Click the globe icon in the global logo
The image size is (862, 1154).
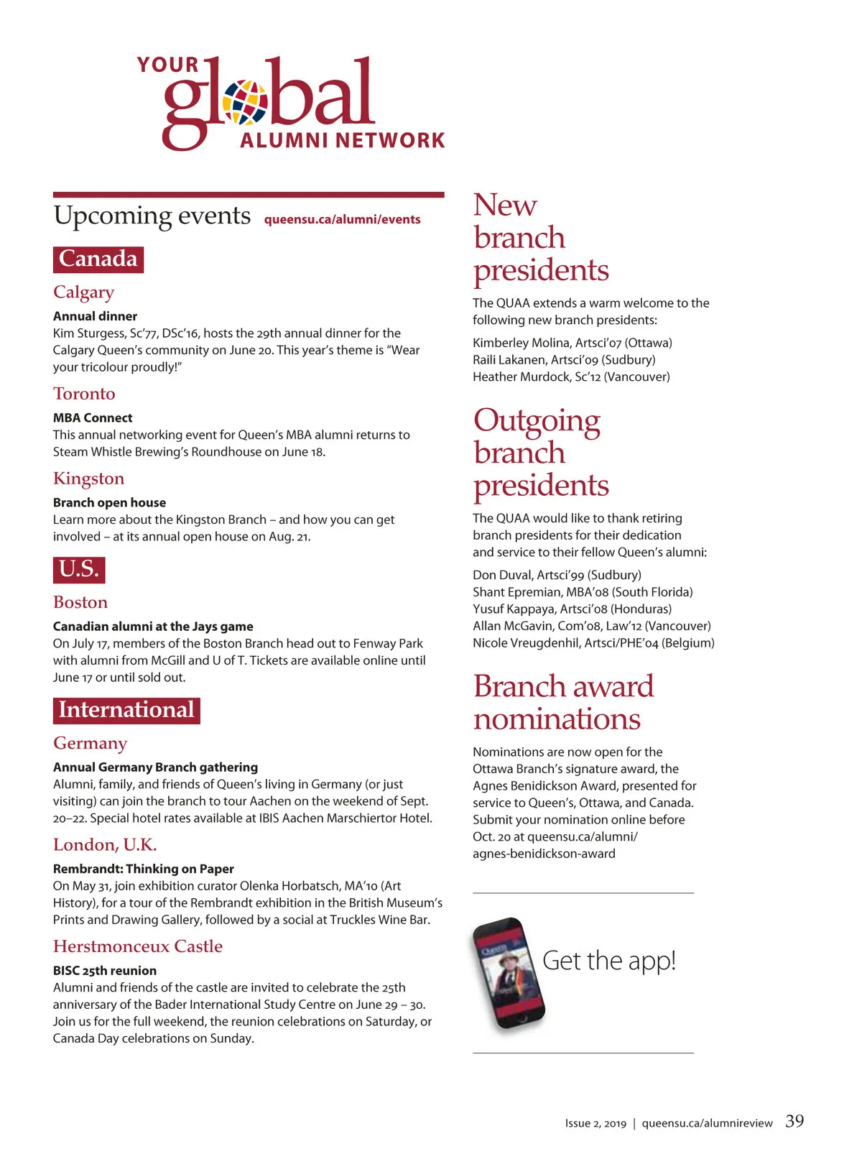pyautogui.click(x=245, y=102)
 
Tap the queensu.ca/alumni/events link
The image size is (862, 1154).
pyautogui.click(x=342, y=219)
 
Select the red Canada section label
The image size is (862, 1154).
pyautogui.click(x=98, y=259)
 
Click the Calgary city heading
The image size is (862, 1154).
pyautogui.click(x=83, y=292)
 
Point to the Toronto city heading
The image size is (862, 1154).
pyautogui.click(x=84, y=394)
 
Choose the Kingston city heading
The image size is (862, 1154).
pyautogui.click(x=88, y=479)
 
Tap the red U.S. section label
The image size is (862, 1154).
pyautogui.click(x=79, y=569)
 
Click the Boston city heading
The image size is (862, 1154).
pyautogui.click(x=80, y=602)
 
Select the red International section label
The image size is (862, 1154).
pyautogui.click(x=126, y=710)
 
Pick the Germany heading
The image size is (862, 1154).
pyautogui.click(x=90, y=743)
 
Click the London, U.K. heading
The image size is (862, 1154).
pyautogui.click(x=105, y=844)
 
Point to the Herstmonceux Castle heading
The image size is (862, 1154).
pyautogui.click(x=138, y=946)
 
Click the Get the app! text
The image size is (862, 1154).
pyautogui.click(x=609, y=961)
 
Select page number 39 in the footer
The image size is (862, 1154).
pyautogui.click(x=794, y=1121)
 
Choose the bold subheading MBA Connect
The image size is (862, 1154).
pyautogui.click(x=93, y=417)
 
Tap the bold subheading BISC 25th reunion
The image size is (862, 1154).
pyautogui.click(x=105, y=971)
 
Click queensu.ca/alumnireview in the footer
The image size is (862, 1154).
pyautogui.click(x=707, y=1123)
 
